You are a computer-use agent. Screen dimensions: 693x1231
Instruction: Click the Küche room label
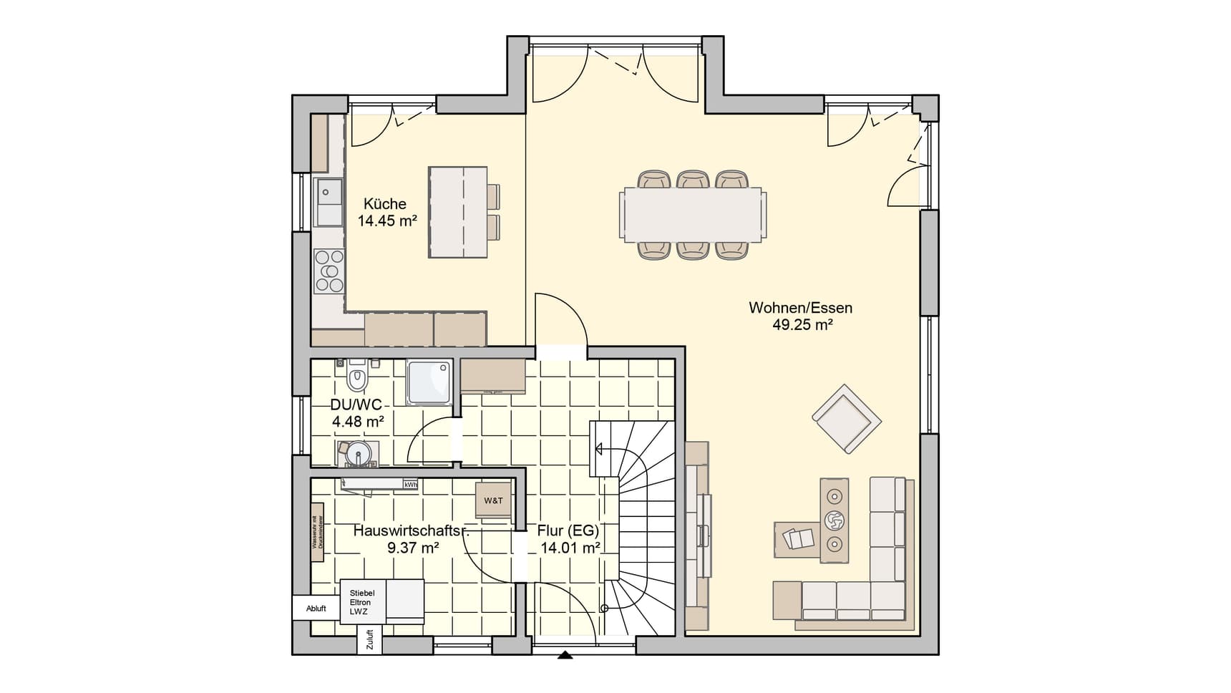(384, 204)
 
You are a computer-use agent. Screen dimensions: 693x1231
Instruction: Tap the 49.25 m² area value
(802, 325)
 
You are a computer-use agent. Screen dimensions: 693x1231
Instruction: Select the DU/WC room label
(356, 405)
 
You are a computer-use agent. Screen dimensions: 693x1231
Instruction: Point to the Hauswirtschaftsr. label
(412, 531)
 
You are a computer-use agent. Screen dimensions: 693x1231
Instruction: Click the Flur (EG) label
(568, 531)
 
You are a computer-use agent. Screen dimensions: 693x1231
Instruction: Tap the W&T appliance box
(493, 500)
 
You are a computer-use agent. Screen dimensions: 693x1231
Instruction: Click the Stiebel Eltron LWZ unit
(362, 602)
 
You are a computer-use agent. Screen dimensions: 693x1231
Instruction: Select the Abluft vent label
(316, 609)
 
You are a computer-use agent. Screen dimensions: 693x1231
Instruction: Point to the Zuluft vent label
(369, 639)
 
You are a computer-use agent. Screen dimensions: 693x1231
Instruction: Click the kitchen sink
(329, 201)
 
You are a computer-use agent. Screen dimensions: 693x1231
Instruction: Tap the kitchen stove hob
(329, 271)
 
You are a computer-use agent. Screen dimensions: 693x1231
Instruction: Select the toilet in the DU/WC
(357, 377)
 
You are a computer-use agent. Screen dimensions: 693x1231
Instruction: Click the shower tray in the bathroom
(429, 382)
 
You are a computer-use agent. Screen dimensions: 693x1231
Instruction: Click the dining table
(692, 214)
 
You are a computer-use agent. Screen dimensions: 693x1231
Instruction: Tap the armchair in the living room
(846, 419)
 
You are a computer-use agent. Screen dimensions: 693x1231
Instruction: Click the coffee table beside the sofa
(834, 520)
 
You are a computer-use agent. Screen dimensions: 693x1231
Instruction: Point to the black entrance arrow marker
(565, 654)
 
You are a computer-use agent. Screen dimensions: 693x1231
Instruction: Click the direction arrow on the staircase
(598, 450)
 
